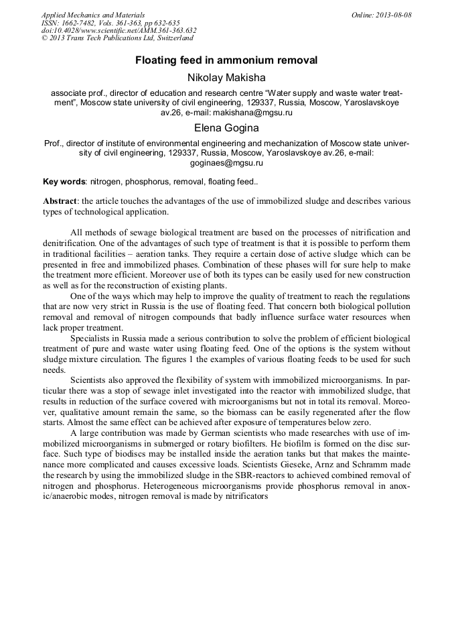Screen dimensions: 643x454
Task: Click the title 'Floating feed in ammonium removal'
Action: tap(226, 60)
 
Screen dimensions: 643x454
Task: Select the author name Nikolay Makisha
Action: tap(226, 78)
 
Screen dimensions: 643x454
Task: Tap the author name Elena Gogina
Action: tap(226, 127)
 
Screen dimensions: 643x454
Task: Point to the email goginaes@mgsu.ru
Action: tap(226, 162)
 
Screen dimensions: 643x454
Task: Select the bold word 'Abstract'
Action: tap(60, 201)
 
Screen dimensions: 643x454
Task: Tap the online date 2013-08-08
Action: tap(394, 15)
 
